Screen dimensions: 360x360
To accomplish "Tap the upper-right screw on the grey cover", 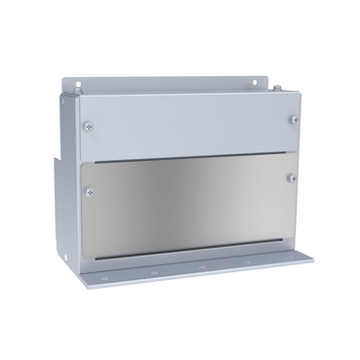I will (x=294, y=119).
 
